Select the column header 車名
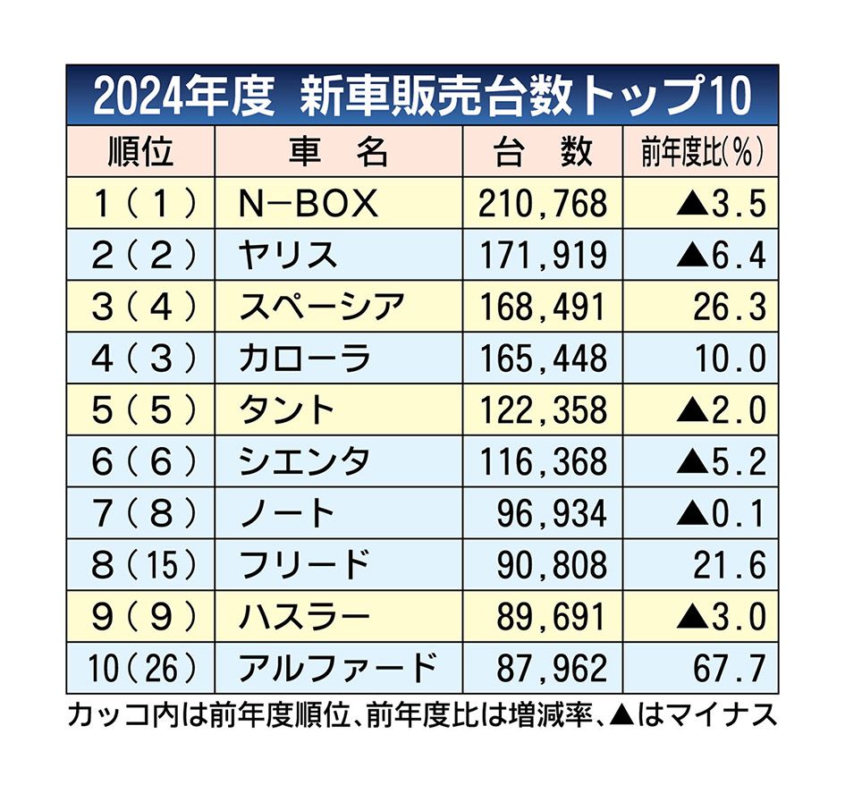[338, 152]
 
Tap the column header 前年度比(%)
[703, 152]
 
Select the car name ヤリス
[288, 256]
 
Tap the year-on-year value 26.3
[730, 308]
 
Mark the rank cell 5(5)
[141, 410]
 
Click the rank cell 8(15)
[141, 565]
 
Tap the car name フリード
[304, 565]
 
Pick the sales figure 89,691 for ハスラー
[551, 616]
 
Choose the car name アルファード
[338, 668]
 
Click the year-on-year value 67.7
[730, 668]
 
